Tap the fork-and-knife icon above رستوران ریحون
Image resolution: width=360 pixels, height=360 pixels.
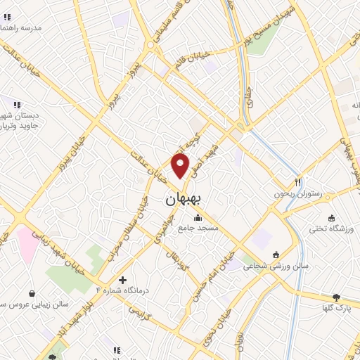(299, 181)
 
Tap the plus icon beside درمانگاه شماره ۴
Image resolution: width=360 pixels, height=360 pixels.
(122, 280)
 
